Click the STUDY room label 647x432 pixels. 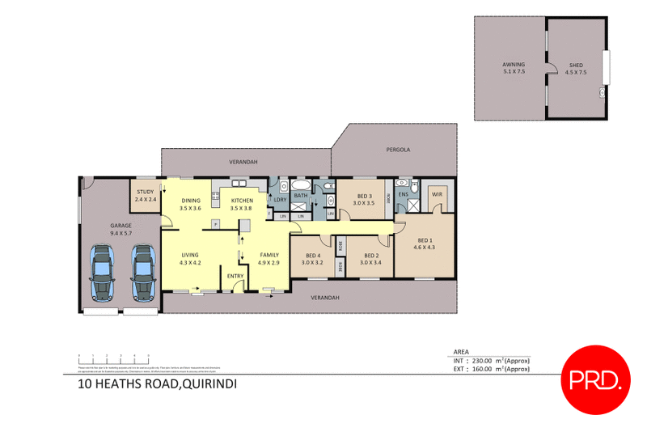(x=144, y=195)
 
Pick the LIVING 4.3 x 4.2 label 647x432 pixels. (x=190, y=259)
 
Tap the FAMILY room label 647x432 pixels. (x=268, y=259)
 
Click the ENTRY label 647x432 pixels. (x=235, y=276)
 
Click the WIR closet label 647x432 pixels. (x=437, y=195)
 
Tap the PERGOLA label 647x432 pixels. (x=397, y=150)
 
